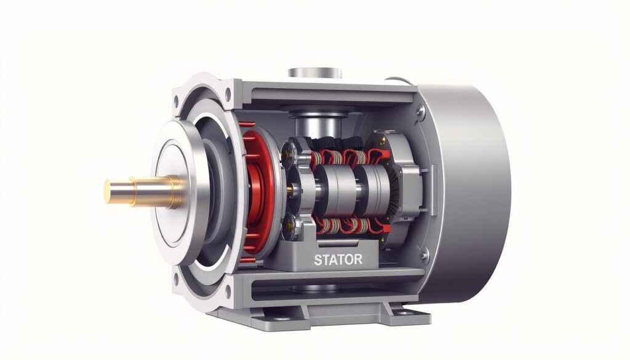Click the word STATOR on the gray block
[338, 260]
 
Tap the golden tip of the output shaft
[108, 191]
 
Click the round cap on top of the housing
[315, 73]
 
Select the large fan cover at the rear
[466, 193]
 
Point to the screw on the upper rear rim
[420, 111]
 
